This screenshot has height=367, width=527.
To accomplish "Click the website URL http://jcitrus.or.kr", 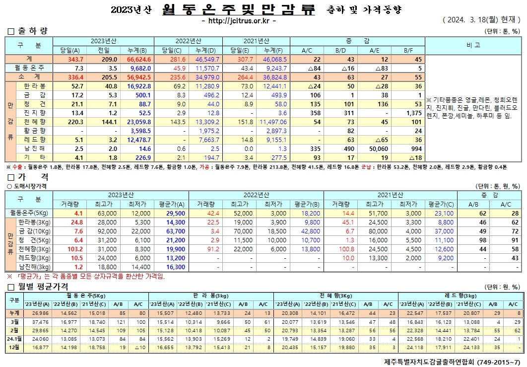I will tap(239, 21).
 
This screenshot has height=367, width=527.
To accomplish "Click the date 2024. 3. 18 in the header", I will tap(467, 21).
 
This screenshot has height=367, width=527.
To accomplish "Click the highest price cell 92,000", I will tap(103, 231).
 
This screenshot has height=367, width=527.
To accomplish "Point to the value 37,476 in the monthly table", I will tap(41, 321).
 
